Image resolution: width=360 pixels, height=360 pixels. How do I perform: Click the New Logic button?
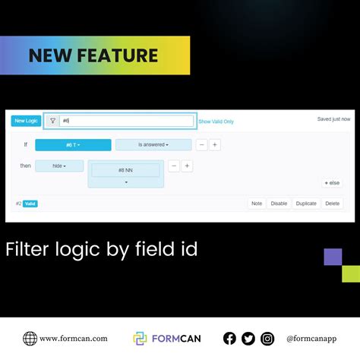(26, 121)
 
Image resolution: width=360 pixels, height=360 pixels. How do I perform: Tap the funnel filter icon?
(52, 121)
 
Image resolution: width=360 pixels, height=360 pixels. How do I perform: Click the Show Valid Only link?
(216, 122)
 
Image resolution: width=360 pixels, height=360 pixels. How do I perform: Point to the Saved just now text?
(333, 119)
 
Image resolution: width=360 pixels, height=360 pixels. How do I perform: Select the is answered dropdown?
(153, 144)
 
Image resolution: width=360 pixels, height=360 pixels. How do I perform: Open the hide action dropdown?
(59, 166)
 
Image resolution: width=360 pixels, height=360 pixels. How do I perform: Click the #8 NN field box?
(126, 170)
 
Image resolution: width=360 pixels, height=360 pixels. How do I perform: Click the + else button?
(332, 183)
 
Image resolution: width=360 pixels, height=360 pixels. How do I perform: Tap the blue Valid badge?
(30, 204)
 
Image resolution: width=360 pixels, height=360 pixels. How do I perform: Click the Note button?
(257, 204)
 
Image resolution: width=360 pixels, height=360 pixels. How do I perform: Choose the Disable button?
(279, 204)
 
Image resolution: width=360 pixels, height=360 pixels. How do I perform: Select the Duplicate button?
(306, 204)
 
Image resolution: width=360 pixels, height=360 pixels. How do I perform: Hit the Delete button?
(333, 204)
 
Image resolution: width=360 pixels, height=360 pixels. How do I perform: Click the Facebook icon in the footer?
(229, 339)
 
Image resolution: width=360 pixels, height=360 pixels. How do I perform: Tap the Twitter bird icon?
(248, 339)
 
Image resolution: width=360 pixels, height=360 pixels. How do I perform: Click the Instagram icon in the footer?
(267, 339)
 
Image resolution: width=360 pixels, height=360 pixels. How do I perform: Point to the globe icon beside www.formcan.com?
(30, 339)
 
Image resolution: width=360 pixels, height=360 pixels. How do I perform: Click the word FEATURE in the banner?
(122, 55)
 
